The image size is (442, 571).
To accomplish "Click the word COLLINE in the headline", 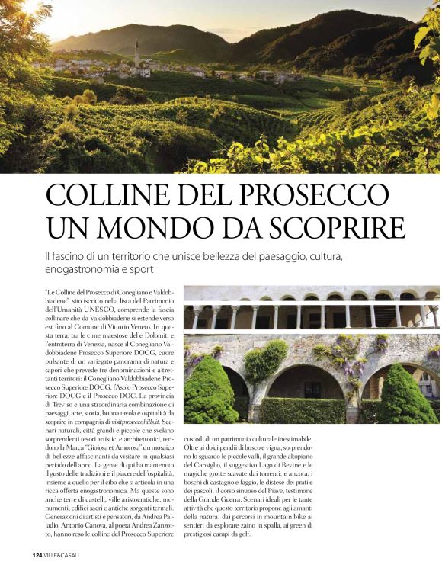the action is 102,195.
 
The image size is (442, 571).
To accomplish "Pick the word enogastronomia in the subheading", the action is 91,269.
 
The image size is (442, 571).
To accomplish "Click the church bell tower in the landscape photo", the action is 136,55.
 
